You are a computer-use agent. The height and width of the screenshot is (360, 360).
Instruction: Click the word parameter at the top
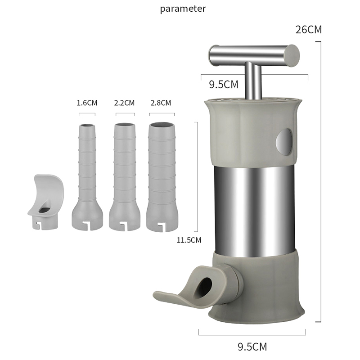point(183,9)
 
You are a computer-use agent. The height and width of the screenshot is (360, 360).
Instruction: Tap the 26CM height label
point(309,30)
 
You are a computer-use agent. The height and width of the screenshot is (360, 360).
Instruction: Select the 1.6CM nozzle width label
point(87,103)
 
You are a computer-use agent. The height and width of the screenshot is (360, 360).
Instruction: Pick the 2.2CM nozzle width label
point(124,103)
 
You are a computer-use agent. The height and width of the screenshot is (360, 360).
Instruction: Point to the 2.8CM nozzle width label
point(161,103)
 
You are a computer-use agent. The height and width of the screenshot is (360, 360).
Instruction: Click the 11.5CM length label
point(189,240)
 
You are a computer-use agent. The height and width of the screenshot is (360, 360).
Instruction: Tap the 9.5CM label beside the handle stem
point(224,85)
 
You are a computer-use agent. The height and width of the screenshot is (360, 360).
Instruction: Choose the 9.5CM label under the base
point(252,346)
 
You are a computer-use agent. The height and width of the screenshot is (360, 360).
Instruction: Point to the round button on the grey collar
point(284,142)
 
